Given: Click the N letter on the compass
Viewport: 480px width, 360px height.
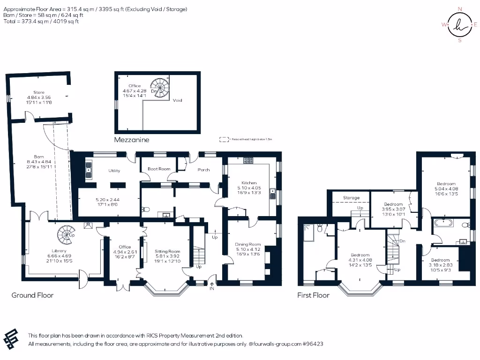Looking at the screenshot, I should tap(459, 9).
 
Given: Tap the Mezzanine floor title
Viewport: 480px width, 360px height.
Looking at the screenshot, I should tap(132, 140).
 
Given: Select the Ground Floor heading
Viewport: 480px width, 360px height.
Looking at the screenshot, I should tap(32, 295).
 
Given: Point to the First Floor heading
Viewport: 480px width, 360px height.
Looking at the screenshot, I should tap(313, 295).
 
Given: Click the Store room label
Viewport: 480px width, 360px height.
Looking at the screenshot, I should tap(39, 92).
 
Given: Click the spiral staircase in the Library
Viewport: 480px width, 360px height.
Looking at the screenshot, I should tap(65, 232).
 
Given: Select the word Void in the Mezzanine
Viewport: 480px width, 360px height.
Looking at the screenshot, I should tap(177, 100).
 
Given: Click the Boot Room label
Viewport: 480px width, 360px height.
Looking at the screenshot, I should tap(159, 169).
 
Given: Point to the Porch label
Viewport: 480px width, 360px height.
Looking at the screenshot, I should tap(203, 170).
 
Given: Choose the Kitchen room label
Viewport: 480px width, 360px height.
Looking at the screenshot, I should tap(249, 182).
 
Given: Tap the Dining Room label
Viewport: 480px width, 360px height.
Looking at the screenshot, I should tap(248, 244).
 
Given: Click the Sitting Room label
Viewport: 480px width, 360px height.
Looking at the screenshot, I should tap(167, 252).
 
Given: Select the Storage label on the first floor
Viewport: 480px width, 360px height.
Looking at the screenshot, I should tap(351, 198).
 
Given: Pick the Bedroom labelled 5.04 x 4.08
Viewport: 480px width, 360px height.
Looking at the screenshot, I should tap(446, 184).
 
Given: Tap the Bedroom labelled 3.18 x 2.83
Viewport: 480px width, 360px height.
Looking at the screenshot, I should tap(440, 260).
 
